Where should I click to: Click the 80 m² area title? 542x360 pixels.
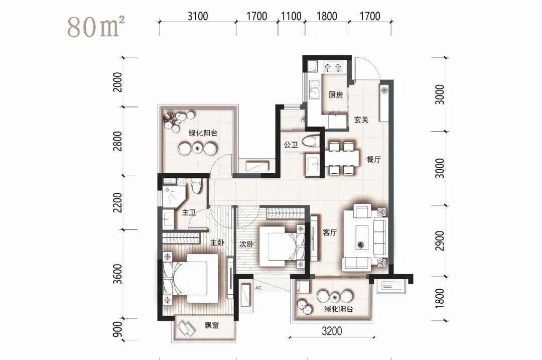coord(96,27)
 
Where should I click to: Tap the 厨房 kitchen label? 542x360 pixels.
coord(336,94)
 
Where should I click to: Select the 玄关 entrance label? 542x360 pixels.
coord(361,119)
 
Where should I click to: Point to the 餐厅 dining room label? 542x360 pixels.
coord(374,160)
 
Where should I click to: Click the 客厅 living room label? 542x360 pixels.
coord(329,232)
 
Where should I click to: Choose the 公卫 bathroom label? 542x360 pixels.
coord(291,145)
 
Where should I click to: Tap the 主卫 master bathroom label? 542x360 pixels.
coord(189,212)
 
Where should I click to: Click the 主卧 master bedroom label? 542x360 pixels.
coord(217,243)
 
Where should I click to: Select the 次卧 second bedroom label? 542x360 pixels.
coord(246,244)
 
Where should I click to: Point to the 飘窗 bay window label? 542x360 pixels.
coord(211,325)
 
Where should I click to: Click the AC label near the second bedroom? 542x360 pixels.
coord(258,288)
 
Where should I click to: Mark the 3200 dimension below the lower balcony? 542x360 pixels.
coord(332,331)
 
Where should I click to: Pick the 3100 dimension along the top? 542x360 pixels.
coord(198,16)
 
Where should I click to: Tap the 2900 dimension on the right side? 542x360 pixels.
coord(439,241)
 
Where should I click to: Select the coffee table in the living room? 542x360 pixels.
coord(361,237)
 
